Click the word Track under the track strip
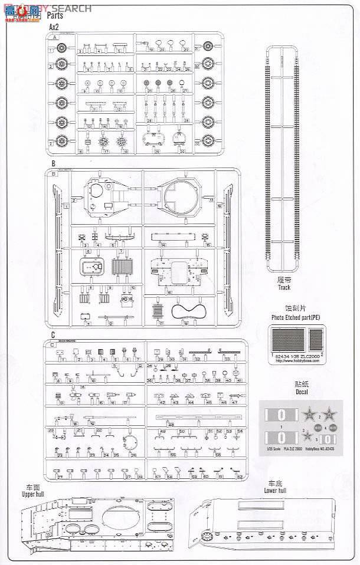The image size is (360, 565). [x=281, y=288]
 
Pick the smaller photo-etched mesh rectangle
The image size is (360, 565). [x=316, y=340]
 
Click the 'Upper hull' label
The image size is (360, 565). [x=31, y=491]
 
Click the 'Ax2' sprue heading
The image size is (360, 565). [x=54, y=27]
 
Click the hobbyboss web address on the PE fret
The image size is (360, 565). [x=297, y=362]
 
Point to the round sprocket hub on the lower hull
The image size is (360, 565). [x=207, y=536]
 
